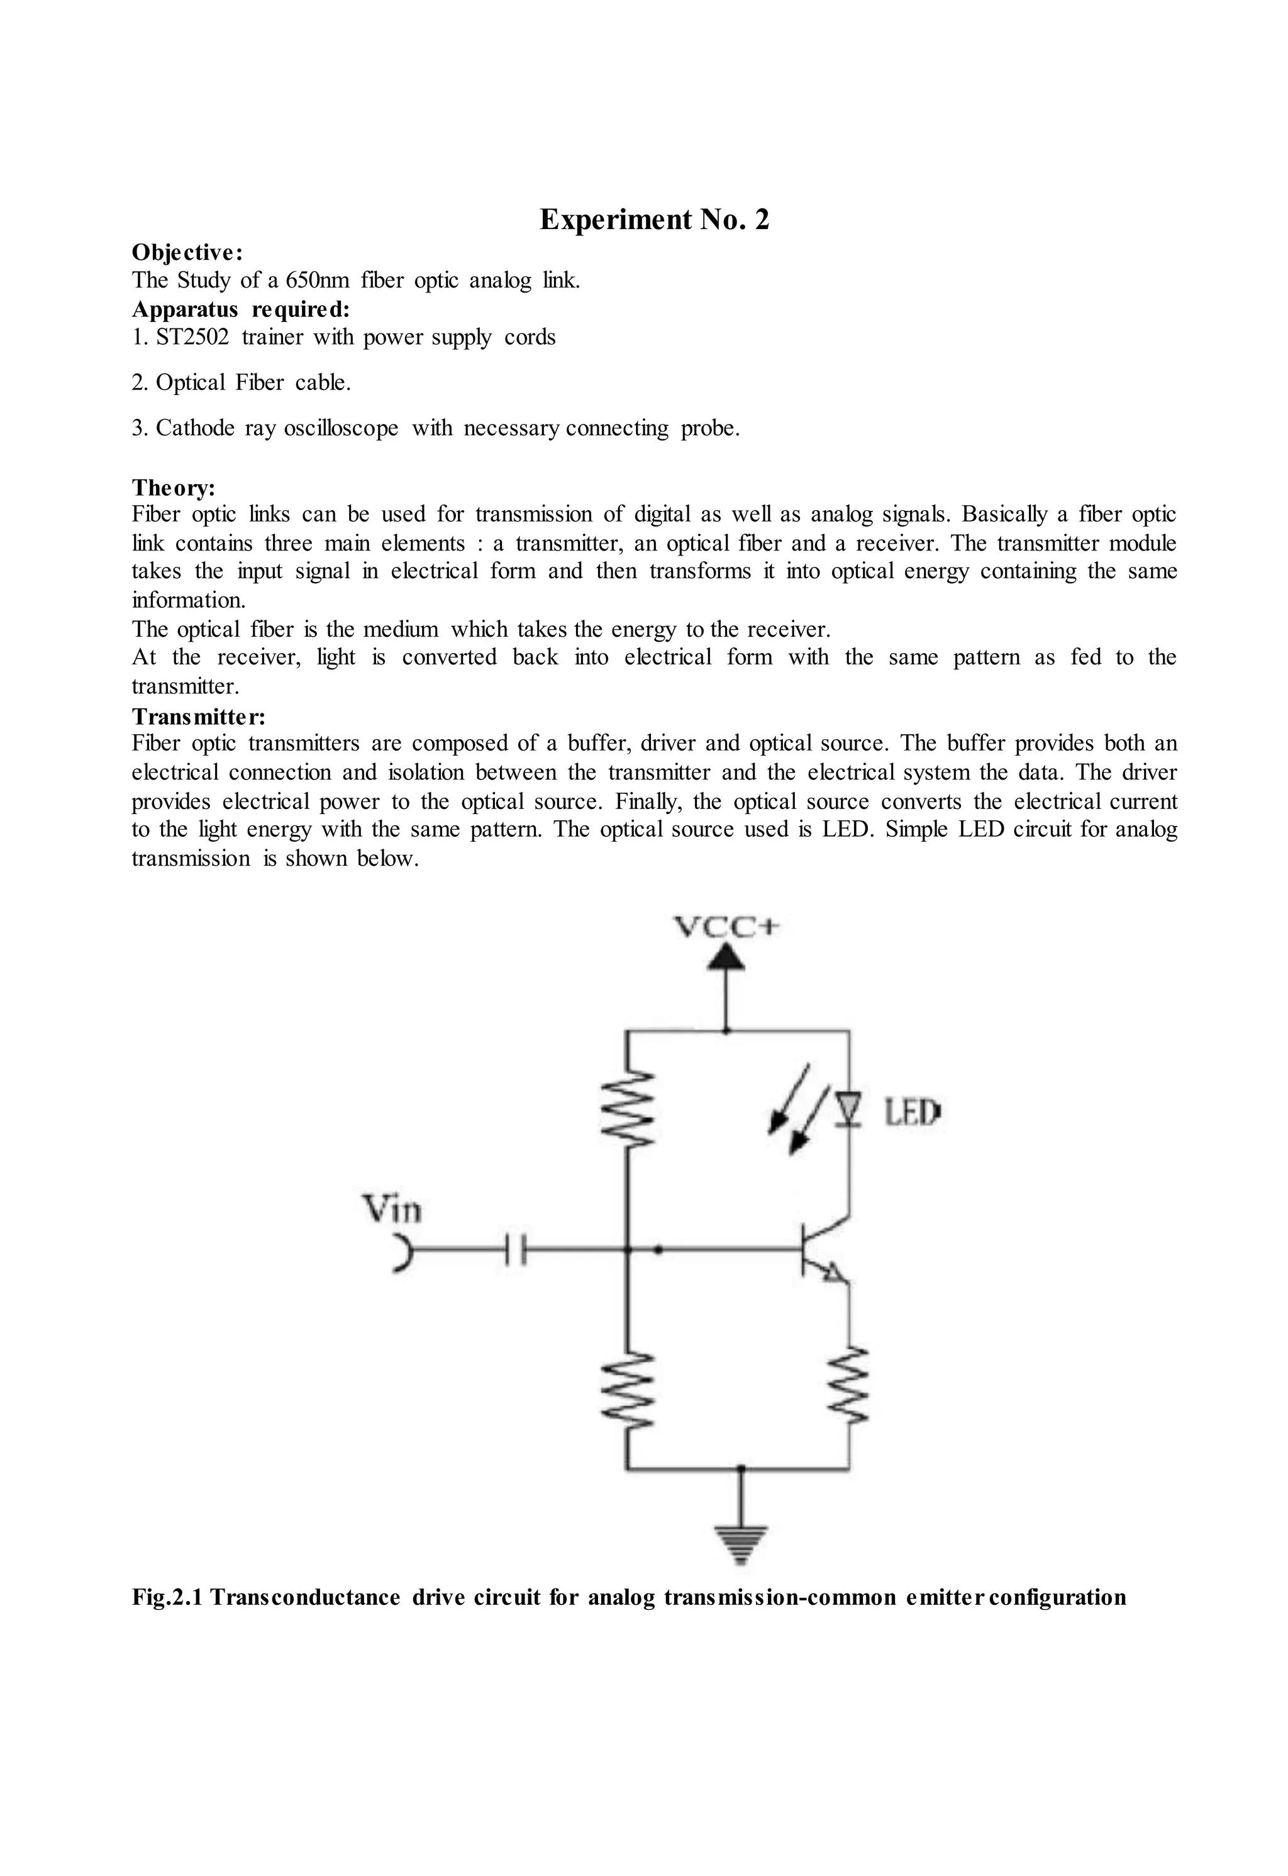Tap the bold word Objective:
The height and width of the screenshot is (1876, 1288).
[187, 253]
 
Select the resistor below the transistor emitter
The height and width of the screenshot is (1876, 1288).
[849, 1385]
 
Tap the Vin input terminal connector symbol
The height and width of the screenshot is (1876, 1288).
[402, 1251]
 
